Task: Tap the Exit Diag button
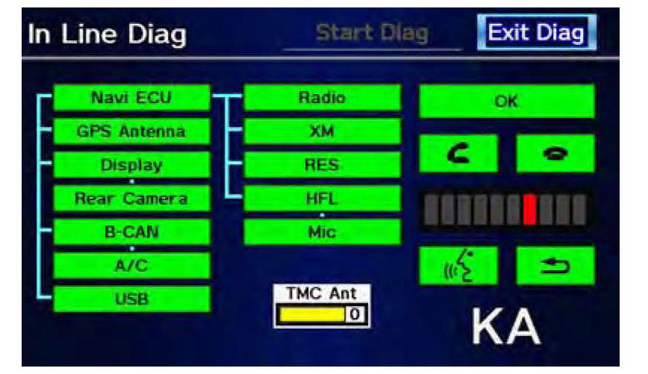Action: pos(537,32)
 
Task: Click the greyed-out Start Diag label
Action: pos(372,33)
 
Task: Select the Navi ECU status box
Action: pos(132,98)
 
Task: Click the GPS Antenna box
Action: pos(132,131)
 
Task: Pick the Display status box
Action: pos(132,165)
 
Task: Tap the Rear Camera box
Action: pos(132,199)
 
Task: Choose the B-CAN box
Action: pos(132,232)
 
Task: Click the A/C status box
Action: pos(132,265)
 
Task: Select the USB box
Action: pos(132,299)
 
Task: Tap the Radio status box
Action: pos(323,98)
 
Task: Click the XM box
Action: pos(323,131)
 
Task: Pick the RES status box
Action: pos(323,165)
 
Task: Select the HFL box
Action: pos(323,199)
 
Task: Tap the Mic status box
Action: pos(323,232)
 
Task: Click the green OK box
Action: pos(507,102)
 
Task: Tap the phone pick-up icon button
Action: pos(458,153)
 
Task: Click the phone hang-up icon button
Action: pos(555,153)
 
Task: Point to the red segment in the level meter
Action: pos(529,210)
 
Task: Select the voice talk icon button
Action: pos(458,266)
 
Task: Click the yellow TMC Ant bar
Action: pos(312,314)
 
